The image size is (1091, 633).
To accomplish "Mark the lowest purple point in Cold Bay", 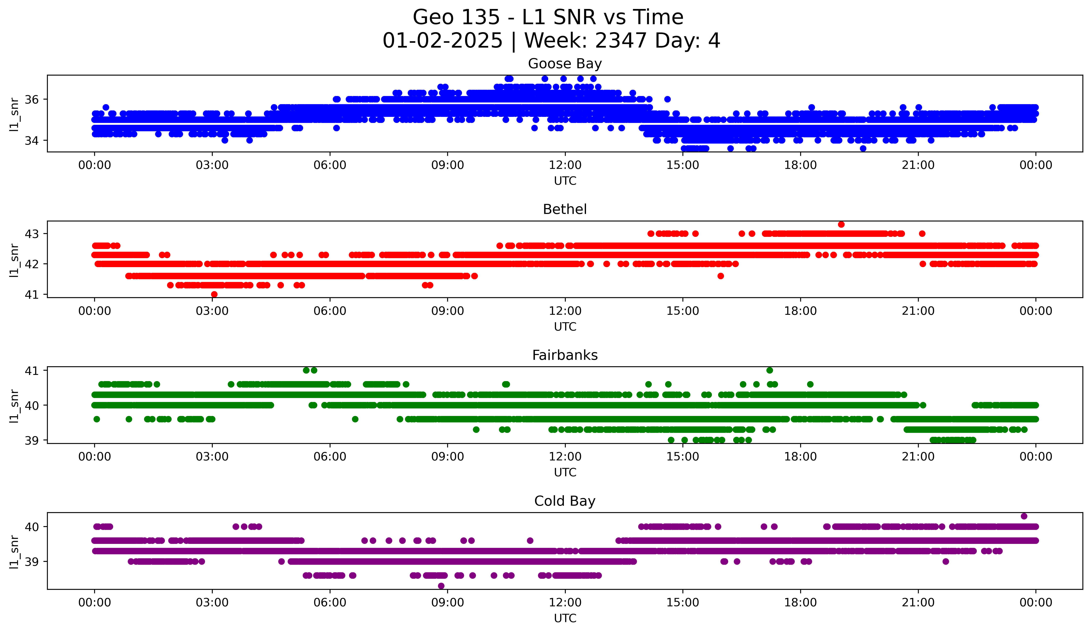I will [x=441, y=586].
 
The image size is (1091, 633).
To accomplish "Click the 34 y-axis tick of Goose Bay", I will [x=31, y=141].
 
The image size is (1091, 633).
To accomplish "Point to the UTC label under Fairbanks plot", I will [x=565, y=473].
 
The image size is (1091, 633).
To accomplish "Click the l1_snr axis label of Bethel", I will [x=14, y=260].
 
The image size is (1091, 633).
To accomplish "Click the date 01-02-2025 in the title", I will [x=442, y=41].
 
